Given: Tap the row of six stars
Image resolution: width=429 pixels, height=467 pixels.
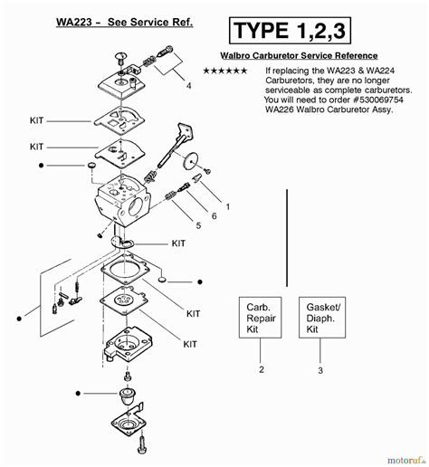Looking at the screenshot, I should tap(224, 71).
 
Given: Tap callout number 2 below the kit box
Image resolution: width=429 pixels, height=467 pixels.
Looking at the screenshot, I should tap(261, 369).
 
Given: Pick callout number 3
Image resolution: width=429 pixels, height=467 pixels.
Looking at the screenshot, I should tap(319, 369).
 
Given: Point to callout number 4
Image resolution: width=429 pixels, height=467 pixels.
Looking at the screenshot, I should tap(188, 86).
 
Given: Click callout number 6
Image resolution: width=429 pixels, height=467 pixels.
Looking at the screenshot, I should tap(213, 215).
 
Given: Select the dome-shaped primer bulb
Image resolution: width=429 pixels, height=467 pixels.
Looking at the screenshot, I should tap(138, 397).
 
